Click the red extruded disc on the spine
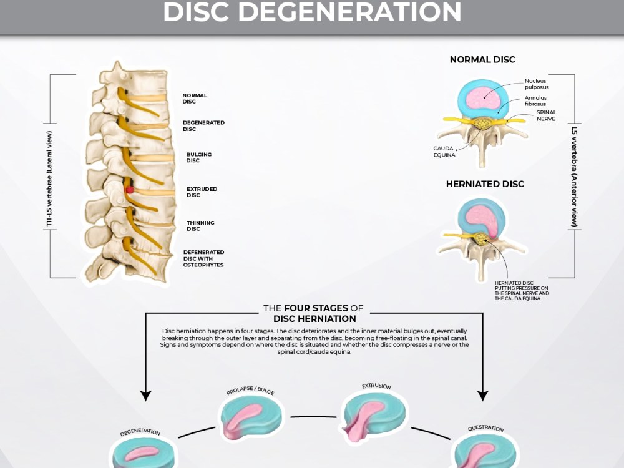130,190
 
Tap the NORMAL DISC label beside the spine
195,99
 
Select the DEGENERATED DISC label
203,126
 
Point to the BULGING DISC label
198,157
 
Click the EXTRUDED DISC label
202,192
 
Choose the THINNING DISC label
200,226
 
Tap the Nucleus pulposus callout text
537,84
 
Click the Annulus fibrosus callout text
535,100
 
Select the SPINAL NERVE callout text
546,115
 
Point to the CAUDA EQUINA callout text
444,152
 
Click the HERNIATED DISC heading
485,184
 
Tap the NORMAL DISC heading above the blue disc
482,60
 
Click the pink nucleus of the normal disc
484,97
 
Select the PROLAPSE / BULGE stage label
250,390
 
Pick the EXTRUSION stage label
376,386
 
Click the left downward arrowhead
146,396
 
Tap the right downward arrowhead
483,396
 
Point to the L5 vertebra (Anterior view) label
574,177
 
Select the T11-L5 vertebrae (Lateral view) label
49,179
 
